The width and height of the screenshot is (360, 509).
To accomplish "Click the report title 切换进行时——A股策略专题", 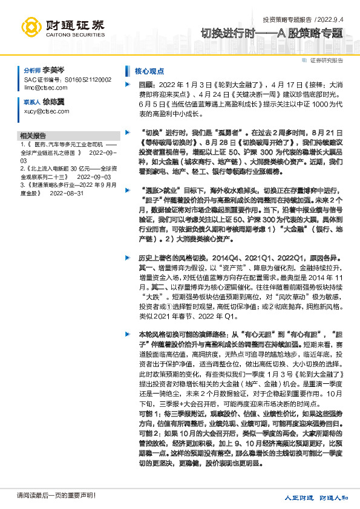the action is tap(272, 34).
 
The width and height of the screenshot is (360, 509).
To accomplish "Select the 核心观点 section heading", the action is tap(149, 71).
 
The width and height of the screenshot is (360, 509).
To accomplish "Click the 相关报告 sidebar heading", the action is tap(33, 135).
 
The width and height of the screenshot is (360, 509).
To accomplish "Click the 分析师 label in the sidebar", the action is tap(31, 71).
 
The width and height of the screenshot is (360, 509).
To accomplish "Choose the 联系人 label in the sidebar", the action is tap(31, 103).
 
